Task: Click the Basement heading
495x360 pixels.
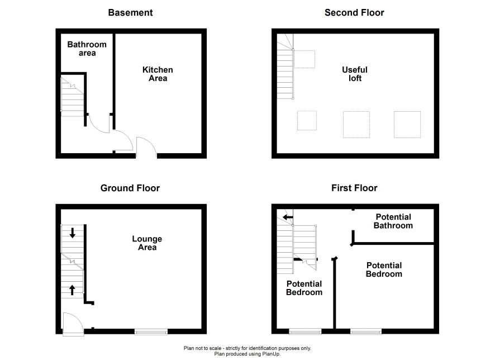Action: coord(130,13)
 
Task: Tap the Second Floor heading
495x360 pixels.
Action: coord(354,13)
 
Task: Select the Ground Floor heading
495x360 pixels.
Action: coord(130,188)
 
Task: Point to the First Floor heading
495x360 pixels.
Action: coord(354,188)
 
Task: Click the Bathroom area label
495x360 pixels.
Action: coord(87,49)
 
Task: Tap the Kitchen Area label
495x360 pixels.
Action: coord(158,74)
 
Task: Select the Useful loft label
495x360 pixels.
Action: coord(355,74)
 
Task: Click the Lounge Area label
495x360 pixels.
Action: coord(147,243)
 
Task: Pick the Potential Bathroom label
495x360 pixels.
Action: coord(393,221)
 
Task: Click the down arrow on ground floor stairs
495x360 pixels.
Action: coord(72,233)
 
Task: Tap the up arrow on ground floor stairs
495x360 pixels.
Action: coord(72,290)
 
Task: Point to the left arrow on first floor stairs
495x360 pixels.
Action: coord(288,217)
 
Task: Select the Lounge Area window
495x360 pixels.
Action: coord(151,331)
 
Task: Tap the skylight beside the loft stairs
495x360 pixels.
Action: coord(304,59)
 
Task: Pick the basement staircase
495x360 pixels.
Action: coord(72,97)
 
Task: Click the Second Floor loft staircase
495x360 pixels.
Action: coord(285,67)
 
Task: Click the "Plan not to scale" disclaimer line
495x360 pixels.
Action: coord(247,348)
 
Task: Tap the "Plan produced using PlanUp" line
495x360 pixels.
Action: coord(247,354)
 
